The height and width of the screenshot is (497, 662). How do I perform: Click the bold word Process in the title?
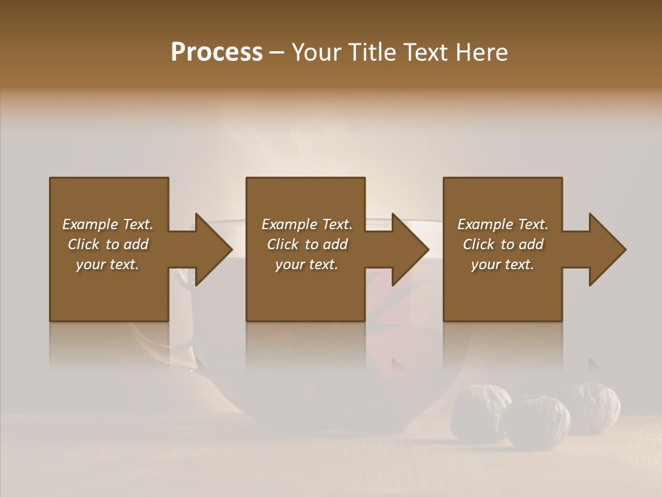[x=217, y=52]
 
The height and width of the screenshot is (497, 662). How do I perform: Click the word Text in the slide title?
[x=425, y=52]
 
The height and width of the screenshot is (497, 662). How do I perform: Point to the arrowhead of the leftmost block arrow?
[x=214, y=249]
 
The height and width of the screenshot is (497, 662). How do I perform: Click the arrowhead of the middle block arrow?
[x=410, y=249]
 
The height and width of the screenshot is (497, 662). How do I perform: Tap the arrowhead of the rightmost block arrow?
[x=607, y=249]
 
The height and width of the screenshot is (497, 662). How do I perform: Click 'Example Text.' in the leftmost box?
[x=108, y=224]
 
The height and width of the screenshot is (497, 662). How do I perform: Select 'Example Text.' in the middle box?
[x=307, y=224]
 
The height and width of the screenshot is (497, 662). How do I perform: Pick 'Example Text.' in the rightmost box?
[x=503, y=224]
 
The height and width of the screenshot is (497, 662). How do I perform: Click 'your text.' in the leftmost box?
[x=108, y=264]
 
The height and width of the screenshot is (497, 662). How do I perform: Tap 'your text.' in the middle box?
[x=307, y=264]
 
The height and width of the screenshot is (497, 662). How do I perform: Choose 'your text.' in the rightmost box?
[x=503, y=264]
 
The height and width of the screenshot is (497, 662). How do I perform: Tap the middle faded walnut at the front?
[x=537, y=421]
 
